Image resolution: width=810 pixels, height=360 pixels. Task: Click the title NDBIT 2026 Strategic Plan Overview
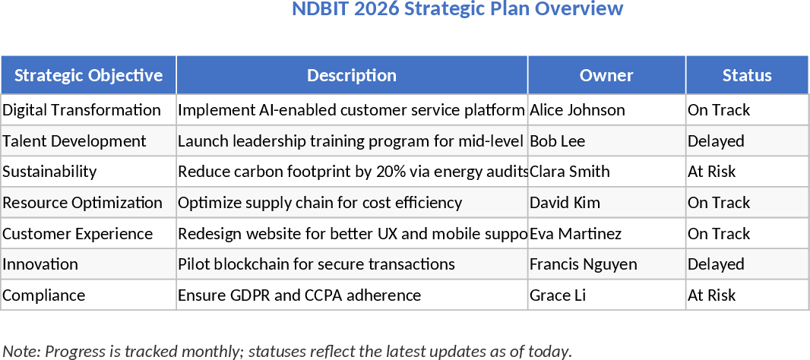tap(457, 9)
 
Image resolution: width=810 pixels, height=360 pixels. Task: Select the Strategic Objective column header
tap(88, 75)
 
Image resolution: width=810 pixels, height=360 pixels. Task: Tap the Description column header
tap(351, 75)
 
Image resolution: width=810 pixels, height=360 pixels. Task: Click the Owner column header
tap(606, 75)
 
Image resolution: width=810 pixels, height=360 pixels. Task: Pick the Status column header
tap(747, 75)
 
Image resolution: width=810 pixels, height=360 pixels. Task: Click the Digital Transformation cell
tap(81, 110)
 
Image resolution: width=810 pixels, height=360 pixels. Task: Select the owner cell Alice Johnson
tap(577, 110)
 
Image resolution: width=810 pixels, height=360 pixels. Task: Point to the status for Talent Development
tap(716, 141)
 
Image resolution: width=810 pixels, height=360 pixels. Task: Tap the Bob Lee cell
tap(557, 141)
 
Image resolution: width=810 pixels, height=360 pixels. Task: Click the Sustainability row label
tap(49, 172)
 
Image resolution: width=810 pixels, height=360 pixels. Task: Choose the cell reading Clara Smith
tap(570, 172)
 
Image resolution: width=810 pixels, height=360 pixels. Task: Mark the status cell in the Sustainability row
tap(712, 172)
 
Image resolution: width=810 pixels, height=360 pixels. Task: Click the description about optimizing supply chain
tap(320, 203)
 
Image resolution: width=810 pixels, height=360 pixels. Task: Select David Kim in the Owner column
tap(565, 203)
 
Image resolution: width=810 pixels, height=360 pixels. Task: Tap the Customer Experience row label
tap(78, 234)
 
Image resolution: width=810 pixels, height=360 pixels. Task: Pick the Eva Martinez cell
tap(575, 234)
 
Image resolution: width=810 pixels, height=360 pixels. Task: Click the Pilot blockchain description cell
tap(316, 264)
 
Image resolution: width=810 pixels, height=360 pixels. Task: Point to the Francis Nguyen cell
tap(584, 264)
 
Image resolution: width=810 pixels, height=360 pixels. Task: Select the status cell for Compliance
tap(712, 295)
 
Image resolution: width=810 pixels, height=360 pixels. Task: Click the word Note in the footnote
tap(20, 351)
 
